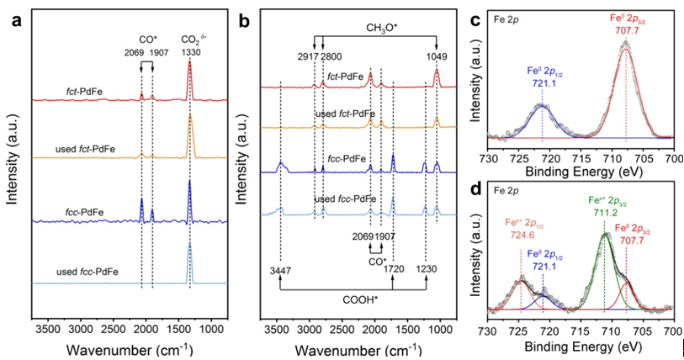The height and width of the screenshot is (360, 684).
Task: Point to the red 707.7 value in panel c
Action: tap(624, 36)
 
